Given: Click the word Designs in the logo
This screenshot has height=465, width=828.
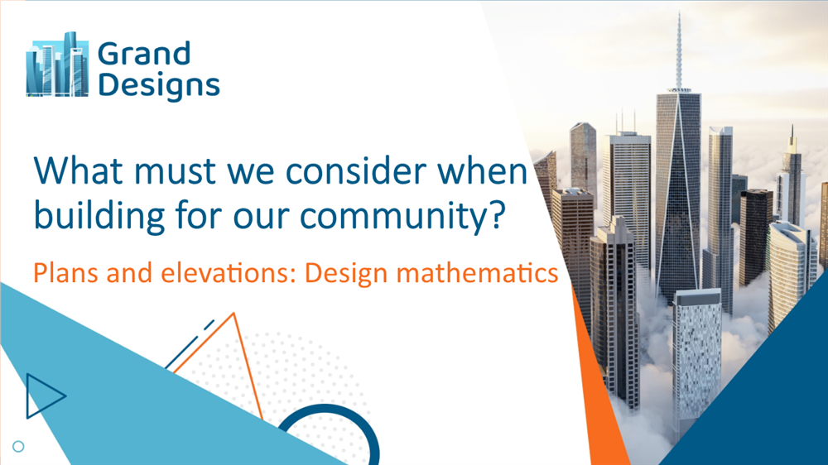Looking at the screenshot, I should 158,85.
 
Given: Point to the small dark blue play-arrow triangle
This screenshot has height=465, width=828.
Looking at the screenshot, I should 41,395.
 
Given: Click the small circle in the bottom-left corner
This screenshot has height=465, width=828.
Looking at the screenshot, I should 18,447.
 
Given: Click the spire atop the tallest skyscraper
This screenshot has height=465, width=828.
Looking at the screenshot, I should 678,50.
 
